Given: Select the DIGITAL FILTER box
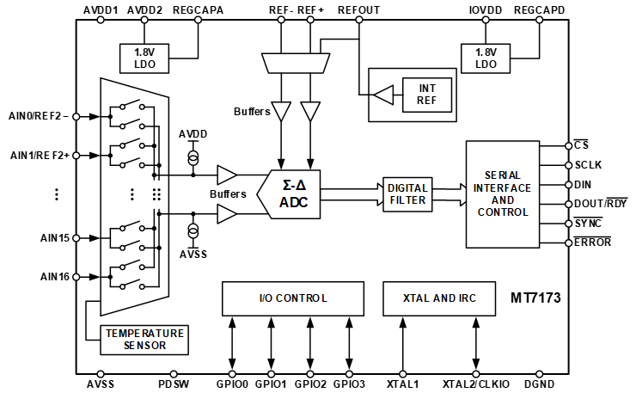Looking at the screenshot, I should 407,194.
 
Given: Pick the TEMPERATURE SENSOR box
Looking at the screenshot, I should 144,339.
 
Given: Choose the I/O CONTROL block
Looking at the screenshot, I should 293,298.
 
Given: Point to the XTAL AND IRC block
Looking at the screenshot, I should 439,298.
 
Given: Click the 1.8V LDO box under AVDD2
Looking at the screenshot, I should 144,58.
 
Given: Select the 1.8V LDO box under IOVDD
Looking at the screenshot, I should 486,58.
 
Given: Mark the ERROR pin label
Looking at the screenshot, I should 593,242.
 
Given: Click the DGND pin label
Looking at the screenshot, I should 539,384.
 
